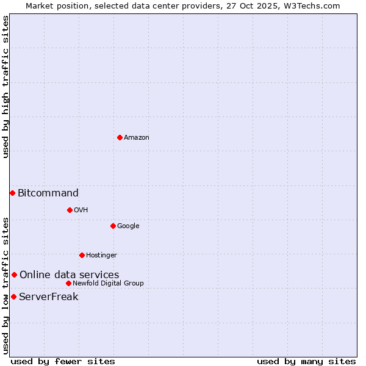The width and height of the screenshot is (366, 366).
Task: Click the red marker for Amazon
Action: (120, 137)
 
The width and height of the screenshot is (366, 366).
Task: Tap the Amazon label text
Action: (136, 138)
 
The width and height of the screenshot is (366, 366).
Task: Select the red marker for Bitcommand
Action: (12, 193)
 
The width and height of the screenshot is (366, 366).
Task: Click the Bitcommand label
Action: (48, 193)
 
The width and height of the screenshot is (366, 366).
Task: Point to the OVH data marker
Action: (70, 210)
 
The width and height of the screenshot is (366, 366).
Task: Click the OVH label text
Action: (81, 210)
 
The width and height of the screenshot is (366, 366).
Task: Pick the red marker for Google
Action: (113, 226)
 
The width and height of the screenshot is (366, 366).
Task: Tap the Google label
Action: (128, 226)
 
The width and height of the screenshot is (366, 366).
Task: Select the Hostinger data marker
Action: (82, 255)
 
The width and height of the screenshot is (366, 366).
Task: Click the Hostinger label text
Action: (101, 256)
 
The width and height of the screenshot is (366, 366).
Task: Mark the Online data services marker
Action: (14, 274)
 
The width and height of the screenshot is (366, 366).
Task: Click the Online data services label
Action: (69, 275)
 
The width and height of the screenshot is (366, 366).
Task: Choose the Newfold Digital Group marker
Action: (68, 283)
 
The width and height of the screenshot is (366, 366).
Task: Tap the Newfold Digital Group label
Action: (108, 284)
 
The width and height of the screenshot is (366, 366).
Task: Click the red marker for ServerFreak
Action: (13, 296)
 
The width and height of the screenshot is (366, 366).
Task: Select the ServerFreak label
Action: (49, 297)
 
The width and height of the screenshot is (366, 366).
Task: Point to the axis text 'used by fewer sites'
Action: (63, 361)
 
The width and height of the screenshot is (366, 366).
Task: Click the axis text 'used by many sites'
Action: (306, 361)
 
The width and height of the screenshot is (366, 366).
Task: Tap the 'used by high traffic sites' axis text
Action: (5, 87)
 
